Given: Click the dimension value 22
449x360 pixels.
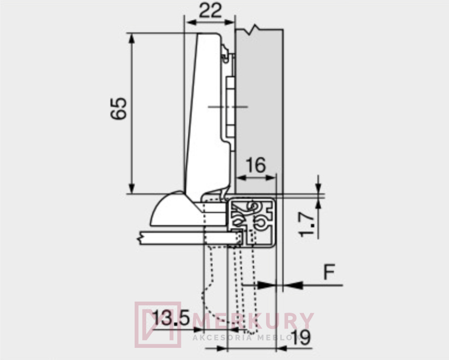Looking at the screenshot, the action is click(x=210, y=11).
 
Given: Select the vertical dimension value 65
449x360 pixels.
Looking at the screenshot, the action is click(x=118, y=108).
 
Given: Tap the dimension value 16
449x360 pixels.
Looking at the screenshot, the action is click(x=256, y=165).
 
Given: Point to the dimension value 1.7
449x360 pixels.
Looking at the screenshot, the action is click(x=307, y=224).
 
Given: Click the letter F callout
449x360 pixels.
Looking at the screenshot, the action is click(x=329, y=272).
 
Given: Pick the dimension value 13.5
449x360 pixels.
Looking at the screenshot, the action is click(x=171, y=317).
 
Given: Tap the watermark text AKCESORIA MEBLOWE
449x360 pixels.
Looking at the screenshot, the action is click(x=248, y=337).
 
